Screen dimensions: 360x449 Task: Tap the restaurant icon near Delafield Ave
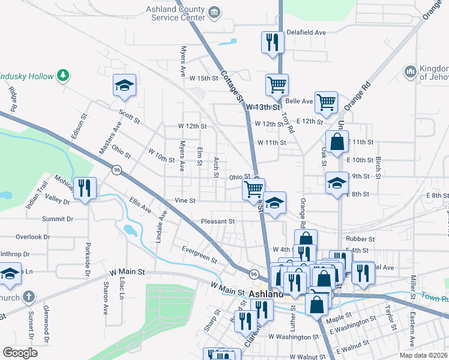click(272, 43)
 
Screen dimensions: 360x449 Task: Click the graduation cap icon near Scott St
click(124, 85)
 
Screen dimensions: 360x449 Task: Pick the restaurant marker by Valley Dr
click(84, 188)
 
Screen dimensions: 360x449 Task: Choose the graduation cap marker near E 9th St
click(337, 182)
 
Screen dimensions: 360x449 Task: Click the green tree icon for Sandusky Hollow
click(62, 74)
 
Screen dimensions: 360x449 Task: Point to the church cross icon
click(29, 296)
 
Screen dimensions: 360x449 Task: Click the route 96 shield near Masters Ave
click(116, 170)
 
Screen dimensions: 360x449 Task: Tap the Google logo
click(20, 353)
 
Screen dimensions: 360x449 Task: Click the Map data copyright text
click(424, 355)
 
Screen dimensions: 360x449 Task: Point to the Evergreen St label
click(199, 254)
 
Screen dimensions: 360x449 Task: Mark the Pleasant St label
click(217, 221)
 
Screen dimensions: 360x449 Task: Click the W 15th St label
click(202, 79)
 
